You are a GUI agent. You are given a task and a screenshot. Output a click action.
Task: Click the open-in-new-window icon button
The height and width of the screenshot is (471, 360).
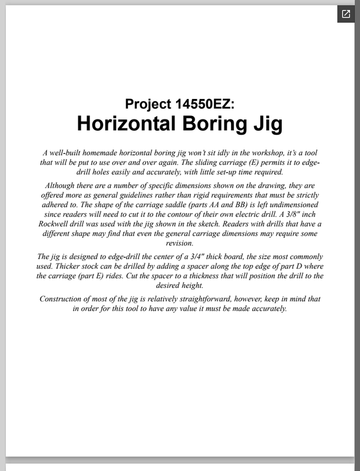[x=345, y=15]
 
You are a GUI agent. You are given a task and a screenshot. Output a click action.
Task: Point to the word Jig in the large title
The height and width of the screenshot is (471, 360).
[x=266, y=125]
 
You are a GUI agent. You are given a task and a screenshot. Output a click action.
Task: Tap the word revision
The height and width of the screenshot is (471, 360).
[x=180, y=243]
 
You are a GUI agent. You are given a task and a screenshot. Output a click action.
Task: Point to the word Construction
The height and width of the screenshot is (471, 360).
[x=63, y=299]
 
